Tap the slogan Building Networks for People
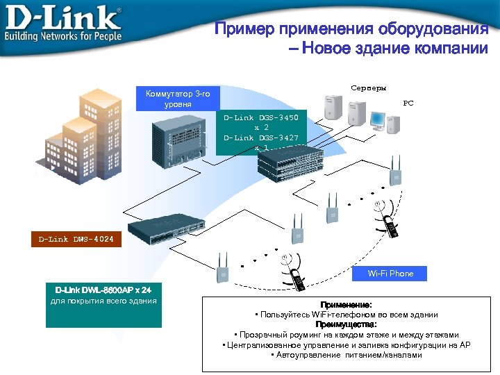63,35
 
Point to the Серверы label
368,88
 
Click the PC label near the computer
408,103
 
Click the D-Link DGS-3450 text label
261,117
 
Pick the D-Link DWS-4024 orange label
76,240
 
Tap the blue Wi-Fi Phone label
391,274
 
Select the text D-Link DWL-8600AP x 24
103,289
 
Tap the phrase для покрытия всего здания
103,300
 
